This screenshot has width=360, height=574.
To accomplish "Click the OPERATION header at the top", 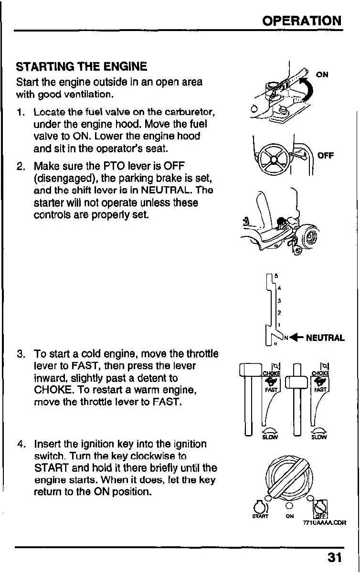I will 302,21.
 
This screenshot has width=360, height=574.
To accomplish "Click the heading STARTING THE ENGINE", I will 81,66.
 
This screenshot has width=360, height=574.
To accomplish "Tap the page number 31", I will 335,557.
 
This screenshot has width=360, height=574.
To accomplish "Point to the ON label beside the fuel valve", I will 322,74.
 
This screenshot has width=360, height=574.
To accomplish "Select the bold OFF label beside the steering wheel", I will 326,155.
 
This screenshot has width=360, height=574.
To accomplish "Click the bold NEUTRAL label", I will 325,338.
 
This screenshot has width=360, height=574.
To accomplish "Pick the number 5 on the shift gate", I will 276,276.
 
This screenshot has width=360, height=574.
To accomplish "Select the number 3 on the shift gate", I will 278,300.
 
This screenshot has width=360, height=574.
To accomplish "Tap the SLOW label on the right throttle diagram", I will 319,436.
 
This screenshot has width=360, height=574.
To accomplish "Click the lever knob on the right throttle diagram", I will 297,383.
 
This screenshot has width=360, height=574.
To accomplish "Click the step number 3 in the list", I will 20,354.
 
